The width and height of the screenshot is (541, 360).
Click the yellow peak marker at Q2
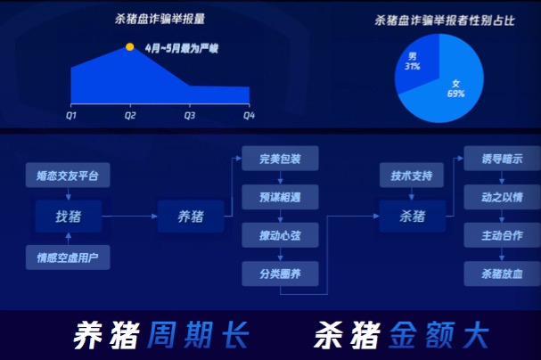[x=130, y=46]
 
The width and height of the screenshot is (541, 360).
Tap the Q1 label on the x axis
[x=71, y=115]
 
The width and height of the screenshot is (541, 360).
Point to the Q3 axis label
[x=190, y=115]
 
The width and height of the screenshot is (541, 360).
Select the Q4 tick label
[x=249, y=115]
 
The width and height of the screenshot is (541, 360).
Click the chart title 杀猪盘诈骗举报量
[x=160, y=19]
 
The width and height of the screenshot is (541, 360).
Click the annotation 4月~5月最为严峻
[x=182, y=48]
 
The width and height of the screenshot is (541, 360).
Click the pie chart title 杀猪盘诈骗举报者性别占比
[x=445, y=20]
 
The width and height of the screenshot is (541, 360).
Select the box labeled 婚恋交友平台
[x=68, y=176]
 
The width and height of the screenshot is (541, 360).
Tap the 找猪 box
[x=69, y=217]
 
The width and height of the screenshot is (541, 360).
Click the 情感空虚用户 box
[x=68, y=258]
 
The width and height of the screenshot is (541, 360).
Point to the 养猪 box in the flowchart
[x=191, y=217]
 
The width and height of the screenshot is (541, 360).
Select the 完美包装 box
[x=280, y=159]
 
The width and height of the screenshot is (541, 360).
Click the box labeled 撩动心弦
[x=280, y=235]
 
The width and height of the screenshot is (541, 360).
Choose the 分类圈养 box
[x=280, y=274]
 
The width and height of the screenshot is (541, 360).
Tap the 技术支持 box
[x=412, y=176]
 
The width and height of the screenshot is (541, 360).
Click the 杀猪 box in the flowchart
[x=413, y=217]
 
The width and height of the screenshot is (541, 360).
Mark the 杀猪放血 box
[x=502, y=274]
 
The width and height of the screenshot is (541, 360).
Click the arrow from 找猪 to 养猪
[x=130, y=217]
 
